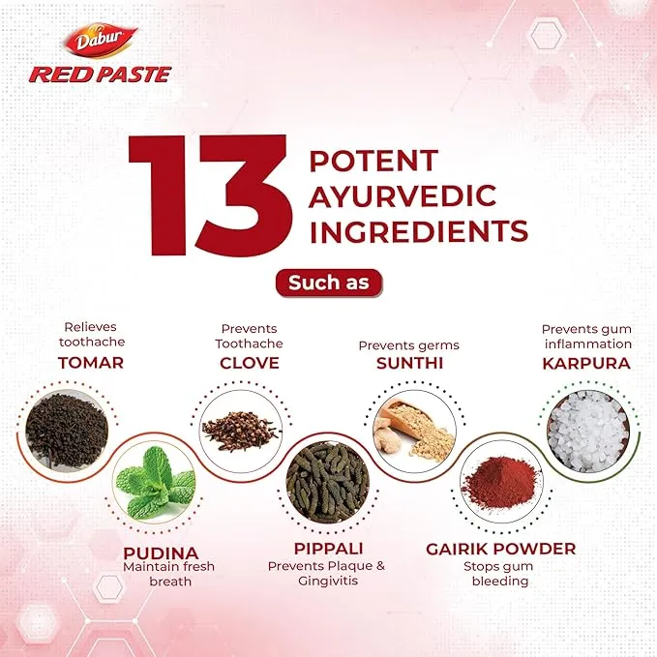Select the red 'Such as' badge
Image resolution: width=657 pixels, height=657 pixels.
[x=329, y=283]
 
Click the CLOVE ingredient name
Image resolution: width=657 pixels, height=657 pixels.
[x=250, y=363]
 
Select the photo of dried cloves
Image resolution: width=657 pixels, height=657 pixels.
[x=240, y=427]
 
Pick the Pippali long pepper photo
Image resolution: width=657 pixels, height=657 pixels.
[x=326, y=480]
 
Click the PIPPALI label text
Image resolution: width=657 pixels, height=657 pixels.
[x=326, y=549]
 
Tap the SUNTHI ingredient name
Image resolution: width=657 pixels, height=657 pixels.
[x=409, y=363]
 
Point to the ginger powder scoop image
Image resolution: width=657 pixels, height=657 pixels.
[x=413, y=427]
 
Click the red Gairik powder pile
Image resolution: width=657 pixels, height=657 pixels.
[x=500, y=481]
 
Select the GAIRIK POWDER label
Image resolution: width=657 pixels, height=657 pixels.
[x=500, y=549]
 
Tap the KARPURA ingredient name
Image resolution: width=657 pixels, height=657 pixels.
[x=585, y=363]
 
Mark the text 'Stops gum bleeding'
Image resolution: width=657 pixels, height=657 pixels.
[x=500, y=574]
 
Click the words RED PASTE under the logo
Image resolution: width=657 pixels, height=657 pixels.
[x=100, y=75]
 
